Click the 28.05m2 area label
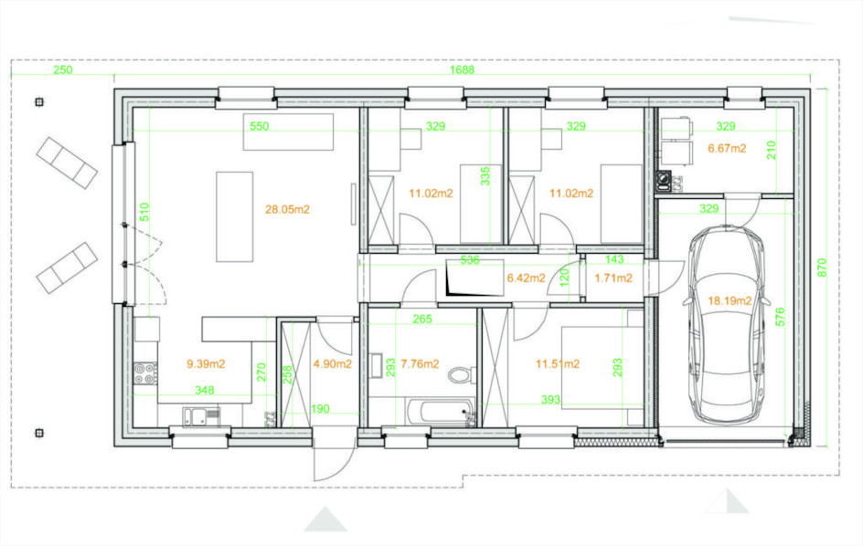point(287,209)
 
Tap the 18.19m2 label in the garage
point(730,300)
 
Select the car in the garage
point(726,324)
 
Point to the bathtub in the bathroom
point(441,413)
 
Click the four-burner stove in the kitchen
point(145,373)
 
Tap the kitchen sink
point(201,416)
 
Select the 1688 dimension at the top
point(462,69)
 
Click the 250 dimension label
point(63,69)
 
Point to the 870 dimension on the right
point(822,268)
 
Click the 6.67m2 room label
point(727,149)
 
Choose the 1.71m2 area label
point(613,278)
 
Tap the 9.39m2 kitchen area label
point(206,364)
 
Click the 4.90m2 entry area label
point(333,364)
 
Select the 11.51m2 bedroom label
point(558,364)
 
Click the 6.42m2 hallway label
point(527,278)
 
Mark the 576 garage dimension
point(780,317)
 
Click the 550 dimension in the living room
point(260,127)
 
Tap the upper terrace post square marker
point(39,101)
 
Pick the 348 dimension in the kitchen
point(204,391)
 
